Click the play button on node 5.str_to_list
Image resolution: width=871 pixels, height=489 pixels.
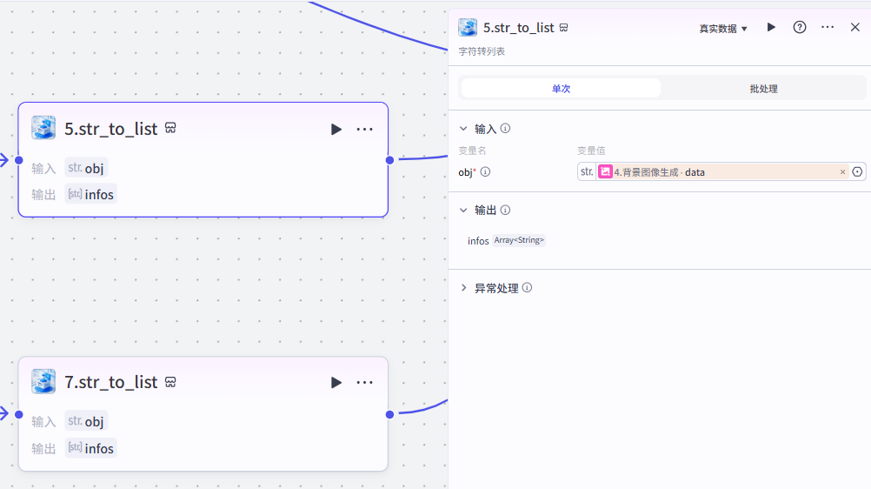pos(336,130)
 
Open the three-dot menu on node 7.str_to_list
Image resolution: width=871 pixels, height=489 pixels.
pos(364,383)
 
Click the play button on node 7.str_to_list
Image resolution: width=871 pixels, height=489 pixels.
pos(336,383)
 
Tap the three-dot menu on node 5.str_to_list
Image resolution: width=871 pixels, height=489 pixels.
pos(364,130)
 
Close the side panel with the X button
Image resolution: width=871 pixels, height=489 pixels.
pos(854,28)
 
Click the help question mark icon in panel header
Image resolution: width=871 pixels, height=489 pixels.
pos(800,28)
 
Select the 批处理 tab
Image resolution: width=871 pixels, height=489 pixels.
pos(763,89)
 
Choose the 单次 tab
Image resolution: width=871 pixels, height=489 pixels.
pos(561,89)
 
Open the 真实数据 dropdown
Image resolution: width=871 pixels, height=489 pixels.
pos(723,29)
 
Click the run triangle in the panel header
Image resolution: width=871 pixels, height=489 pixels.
pos(771,28)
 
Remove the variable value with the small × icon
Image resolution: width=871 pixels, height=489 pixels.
pos(842,172)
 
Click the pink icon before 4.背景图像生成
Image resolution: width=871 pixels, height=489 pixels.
pos(605,172)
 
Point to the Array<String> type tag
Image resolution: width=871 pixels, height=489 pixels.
pos(519,240)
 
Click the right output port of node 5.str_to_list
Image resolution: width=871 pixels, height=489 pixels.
pos(389,160)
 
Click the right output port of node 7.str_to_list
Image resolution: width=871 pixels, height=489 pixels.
pos(389,414)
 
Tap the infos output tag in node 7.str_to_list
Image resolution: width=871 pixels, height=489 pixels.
pos(90,448)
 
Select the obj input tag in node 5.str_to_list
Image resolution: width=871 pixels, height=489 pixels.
pos(86,168)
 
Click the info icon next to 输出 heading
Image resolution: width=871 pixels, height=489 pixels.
pos(505,210)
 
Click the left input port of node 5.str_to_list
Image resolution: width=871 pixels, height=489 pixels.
pos(18,160)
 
